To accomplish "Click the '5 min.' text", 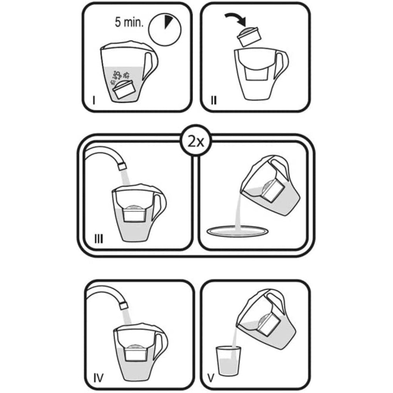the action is [x=129, y=22].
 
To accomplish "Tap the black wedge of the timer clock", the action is [x=168, y=21].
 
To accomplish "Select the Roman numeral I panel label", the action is [x=94, y=100].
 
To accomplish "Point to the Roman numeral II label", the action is [x=214, y=101].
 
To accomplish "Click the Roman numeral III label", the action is [x=99, y=239].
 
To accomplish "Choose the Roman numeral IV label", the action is [x=98, y=378].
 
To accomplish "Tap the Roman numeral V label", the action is [x=211, y=378].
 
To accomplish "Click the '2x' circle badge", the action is [x=196, y=142].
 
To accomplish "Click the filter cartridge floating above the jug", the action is [x=250, y=37].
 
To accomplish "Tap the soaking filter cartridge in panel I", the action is [x=124, y=89].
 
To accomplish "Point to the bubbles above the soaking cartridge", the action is [x=120, y=77].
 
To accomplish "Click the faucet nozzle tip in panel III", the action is [x=122, y=166].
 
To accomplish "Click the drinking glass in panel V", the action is [x=228, y=361].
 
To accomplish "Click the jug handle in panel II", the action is [x=282, y=64].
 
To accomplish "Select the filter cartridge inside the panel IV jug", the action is [x=136, y=352].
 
